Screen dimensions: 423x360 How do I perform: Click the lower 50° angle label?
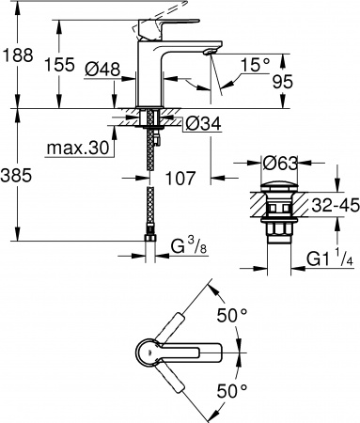pos(233,388)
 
